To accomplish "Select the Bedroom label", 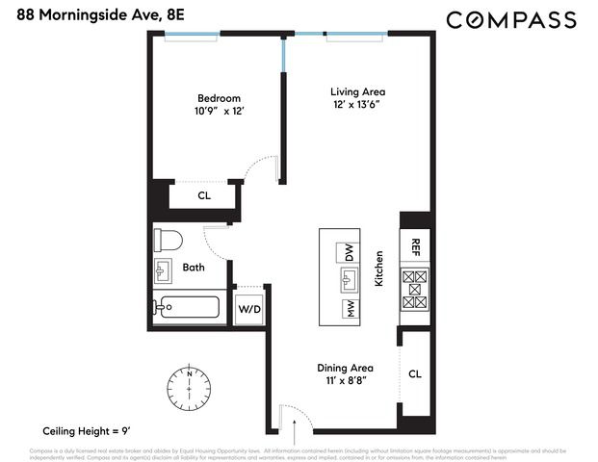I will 219,98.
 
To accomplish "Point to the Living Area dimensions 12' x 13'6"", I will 351,106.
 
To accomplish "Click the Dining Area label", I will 346,368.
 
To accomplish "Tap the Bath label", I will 194,268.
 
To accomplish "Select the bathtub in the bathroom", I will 190,309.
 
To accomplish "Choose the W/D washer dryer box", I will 249,310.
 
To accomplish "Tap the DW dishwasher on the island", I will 347,253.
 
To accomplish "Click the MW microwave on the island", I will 347,309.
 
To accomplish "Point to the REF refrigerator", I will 416,246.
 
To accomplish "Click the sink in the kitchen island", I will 347,280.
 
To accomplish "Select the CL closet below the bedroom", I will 204,195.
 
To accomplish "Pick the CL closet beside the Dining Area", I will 415,373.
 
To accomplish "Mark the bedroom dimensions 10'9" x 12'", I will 220,112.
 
